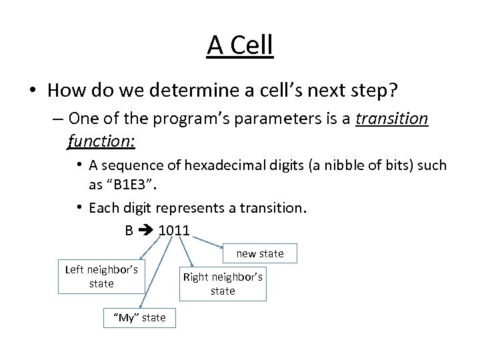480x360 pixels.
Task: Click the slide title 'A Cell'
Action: click(x=240, y=45)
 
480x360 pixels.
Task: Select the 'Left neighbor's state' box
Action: click(x=101, y=277)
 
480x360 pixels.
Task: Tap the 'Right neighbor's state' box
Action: click(x=223, y=283)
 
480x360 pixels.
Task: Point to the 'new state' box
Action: click(x=260, y=253)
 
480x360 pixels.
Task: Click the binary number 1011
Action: click(x=174, y=231)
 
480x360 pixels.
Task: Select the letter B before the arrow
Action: click(x=129, y=231)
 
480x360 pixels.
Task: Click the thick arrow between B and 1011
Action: click(x=147, y=231)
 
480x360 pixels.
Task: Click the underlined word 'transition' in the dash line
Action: click(x=392, y=119)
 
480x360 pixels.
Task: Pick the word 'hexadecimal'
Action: click(x=221, y=165)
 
